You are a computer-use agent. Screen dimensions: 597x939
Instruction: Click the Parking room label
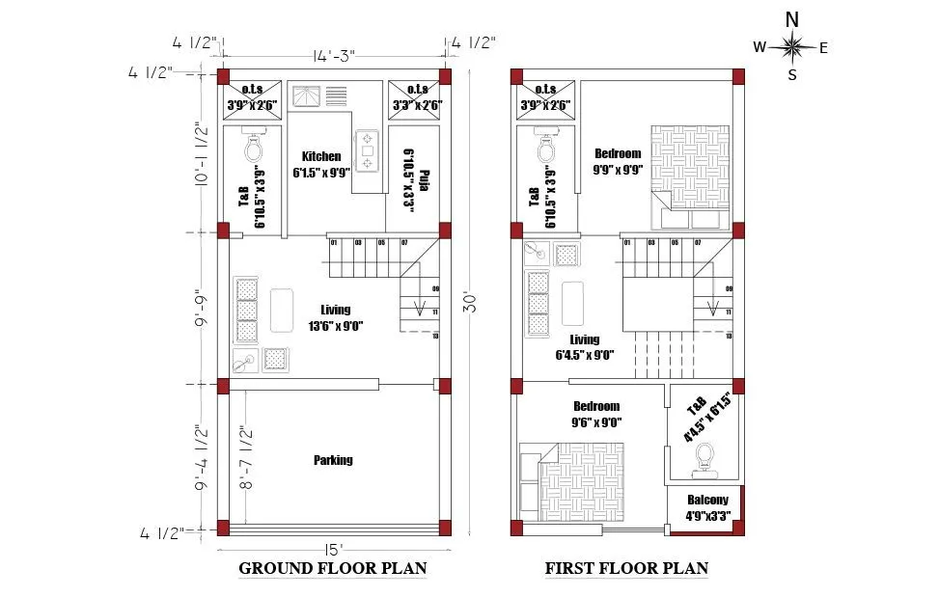333,460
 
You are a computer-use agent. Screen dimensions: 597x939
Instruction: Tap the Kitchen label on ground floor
321,156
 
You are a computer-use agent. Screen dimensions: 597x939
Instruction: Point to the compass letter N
791,18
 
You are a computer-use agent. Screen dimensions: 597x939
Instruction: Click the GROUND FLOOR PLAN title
332,568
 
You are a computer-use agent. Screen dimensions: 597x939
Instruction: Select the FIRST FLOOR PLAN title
626,568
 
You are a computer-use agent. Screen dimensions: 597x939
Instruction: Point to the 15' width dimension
331,551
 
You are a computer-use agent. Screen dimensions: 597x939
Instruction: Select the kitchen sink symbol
308,97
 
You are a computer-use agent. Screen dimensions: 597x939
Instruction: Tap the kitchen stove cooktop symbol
368,150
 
